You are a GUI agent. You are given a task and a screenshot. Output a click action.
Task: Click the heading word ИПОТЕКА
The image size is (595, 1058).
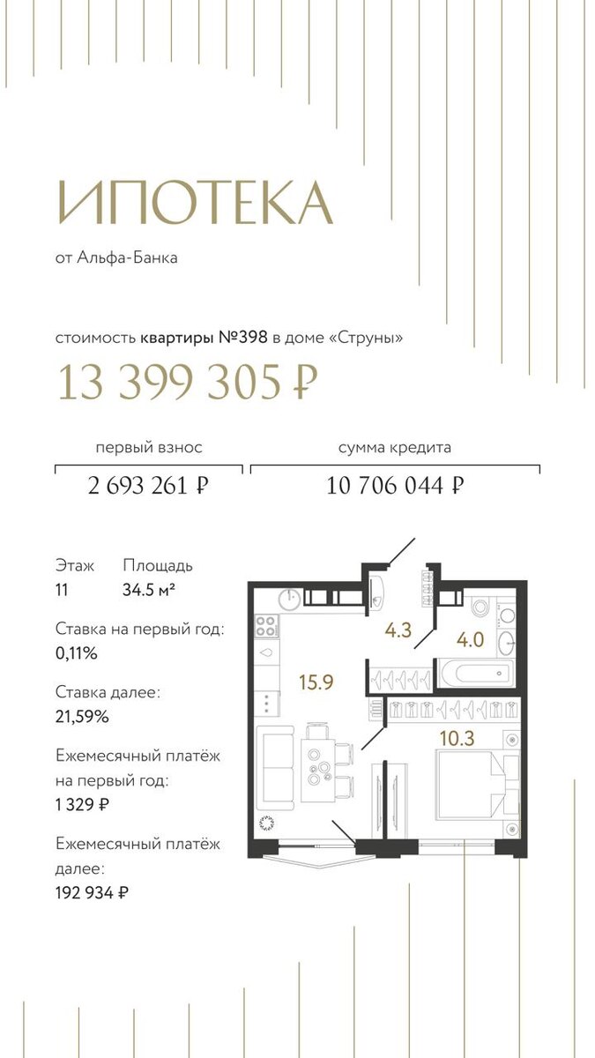pos(195,203)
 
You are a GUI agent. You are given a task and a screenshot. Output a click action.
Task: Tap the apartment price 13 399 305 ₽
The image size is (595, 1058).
pos(188,382)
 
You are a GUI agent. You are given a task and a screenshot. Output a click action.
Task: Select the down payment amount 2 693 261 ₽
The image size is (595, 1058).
pos(148,485)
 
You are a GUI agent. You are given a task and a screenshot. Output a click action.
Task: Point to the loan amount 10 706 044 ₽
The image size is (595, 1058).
pos(395,485)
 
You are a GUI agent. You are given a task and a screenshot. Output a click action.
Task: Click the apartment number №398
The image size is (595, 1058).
pos(243,338)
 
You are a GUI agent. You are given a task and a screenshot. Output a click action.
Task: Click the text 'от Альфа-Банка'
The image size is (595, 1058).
pos(116,257)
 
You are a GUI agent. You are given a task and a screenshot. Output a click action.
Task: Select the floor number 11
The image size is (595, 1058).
pos(62,590)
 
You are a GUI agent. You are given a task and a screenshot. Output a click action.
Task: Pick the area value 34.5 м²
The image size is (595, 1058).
pos(149,590)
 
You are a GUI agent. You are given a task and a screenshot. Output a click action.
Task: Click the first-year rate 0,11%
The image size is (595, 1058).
pos(77,653)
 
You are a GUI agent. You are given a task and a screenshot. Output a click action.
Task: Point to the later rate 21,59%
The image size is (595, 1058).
pos(82,717)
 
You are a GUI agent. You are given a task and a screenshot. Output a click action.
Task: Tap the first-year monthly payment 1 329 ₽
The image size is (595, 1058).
pos(83,804)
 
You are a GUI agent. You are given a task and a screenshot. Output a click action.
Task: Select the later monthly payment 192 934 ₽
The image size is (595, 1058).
pos(92,892)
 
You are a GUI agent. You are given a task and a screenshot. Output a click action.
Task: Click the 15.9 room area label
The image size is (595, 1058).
pos(316,682)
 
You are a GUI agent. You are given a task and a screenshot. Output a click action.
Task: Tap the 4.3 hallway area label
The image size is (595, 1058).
pos(398,630)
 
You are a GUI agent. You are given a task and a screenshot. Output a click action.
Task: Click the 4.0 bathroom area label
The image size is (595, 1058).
pos(471,640)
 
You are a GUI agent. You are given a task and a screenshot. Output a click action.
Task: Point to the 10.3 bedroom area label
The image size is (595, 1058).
pos(457,738)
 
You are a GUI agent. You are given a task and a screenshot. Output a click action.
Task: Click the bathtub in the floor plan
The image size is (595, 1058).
pos(476,674)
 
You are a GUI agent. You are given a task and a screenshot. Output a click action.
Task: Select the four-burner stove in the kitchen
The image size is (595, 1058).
pos(266,626)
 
